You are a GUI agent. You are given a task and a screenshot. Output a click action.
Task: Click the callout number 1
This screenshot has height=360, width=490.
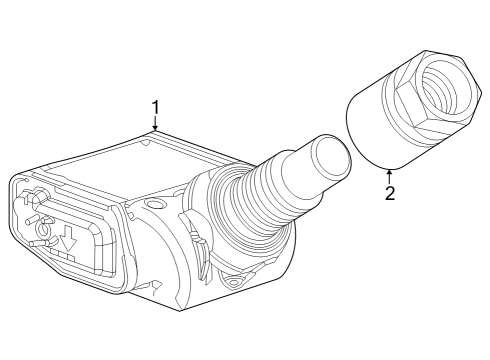155,106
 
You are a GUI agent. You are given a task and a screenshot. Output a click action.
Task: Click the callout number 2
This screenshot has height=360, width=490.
390,192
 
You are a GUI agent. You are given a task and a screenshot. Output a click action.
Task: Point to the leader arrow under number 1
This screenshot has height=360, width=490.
155,125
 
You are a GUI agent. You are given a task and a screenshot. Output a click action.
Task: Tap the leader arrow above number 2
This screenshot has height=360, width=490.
389,175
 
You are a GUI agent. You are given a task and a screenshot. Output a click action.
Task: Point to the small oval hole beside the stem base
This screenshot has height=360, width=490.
153,205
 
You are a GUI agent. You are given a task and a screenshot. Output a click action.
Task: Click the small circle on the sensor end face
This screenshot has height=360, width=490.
43,243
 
